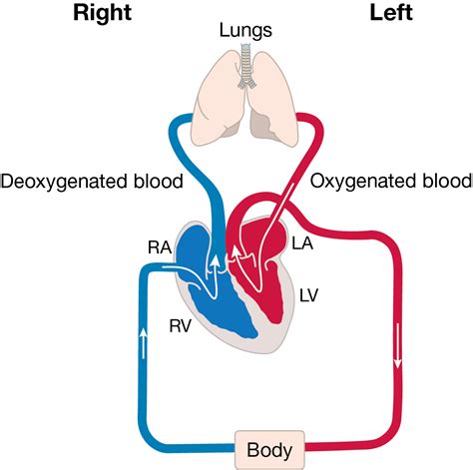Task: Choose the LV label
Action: click(x=310, y=295)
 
